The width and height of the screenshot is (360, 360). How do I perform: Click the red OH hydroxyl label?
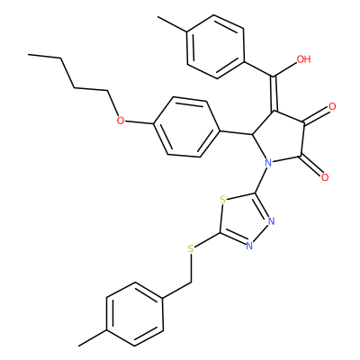coord(303,59)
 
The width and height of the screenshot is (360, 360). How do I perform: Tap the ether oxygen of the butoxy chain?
coord(121,121)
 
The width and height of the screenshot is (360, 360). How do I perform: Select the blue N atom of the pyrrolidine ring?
coord(268,163)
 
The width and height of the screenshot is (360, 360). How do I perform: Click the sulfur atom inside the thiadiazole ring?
coord(222,200)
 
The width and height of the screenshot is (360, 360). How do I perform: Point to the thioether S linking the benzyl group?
coord(191,248)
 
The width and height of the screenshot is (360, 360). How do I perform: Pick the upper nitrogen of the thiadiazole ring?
coord(272,221)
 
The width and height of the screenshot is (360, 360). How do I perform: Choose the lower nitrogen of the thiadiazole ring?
coord(249,246)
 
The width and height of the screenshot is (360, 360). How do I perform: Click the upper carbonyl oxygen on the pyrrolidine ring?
coord(332,106)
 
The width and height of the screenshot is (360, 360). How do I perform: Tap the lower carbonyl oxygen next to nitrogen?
coord(325,177)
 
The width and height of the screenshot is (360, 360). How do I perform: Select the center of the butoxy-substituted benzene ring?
coord(186,127)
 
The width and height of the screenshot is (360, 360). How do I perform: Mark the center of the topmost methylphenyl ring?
coord(215,47)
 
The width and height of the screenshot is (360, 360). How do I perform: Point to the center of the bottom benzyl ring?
coord(135,314)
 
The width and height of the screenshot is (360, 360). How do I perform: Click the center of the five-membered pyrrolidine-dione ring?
coord(281,138)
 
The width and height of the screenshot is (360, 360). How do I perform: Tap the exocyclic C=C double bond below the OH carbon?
coord(274,94)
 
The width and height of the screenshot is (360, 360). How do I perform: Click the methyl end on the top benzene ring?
coord(158,17)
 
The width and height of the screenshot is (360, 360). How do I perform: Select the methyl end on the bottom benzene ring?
coord(79,346)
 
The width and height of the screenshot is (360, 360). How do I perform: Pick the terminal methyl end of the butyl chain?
coord(29,55)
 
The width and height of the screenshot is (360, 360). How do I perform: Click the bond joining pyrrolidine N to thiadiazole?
coord(261,180)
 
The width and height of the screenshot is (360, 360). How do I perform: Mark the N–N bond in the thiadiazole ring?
coord(260,234)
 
